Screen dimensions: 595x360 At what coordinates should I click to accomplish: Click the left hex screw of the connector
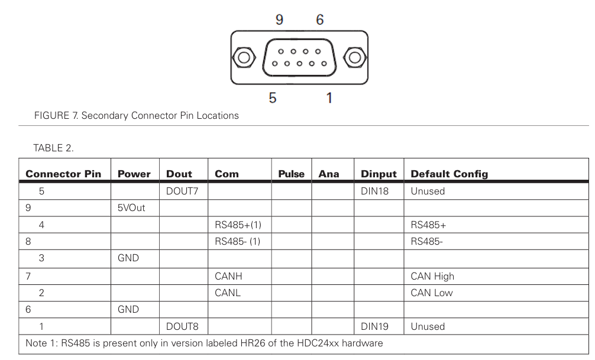pos(241,58)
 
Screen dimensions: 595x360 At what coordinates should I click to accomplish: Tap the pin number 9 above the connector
pos(279,20)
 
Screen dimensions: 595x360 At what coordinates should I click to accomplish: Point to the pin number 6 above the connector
pos(320,20)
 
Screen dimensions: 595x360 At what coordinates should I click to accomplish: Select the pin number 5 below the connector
pos(272,98)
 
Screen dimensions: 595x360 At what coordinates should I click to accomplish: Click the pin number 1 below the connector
pos(329,98)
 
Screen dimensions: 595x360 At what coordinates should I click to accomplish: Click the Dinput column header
pos(379,174)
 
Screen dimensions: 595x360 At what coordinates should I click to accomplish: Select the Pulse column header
pos(291,174)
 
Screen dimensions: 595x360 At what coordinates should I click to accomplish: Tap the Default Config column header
pos(450,174)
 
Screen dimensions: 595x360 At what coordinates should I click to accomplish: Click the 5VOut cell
pos(131,208)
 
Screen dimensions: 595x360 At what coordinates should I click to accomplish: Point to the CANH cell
pos(228,276)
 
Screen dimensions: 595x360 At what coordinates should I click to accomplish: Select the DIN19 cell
pos(374,326)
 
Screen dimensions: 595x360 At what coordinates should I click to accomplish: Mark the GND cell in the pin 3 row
pos(128,259)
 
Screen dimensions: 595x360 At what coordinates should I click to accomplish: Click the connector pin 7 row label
pos(28,276)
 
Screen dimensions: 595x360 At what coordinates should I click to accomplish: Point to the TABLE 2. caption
pos(53,148)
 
